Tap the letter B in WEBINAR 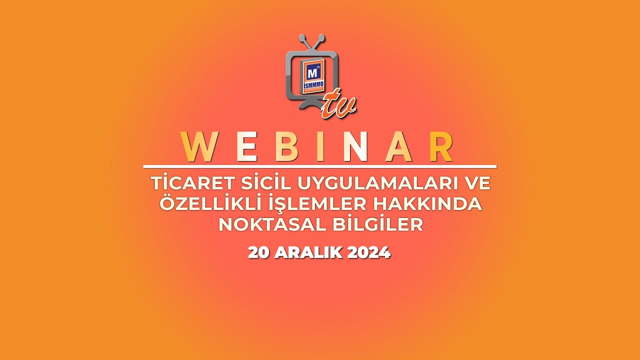(285, 147)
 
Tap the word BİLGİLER (378, 224)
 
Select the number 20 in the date (258, 252)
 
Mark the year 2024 (368, 252)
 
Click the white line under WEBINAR (320, 166)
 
